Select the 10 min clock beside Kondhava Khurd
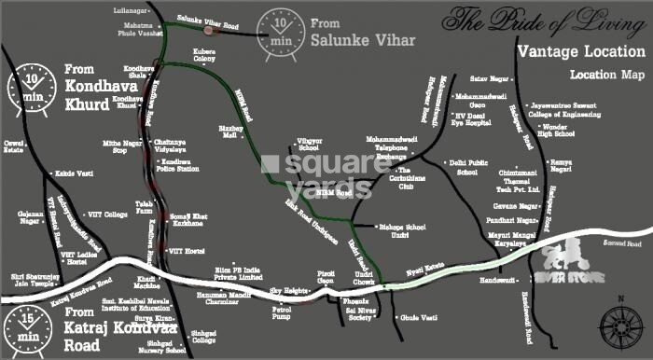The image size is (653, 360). tap(28, 83)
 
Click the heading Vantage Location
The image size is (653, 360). tap(577, 51)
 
